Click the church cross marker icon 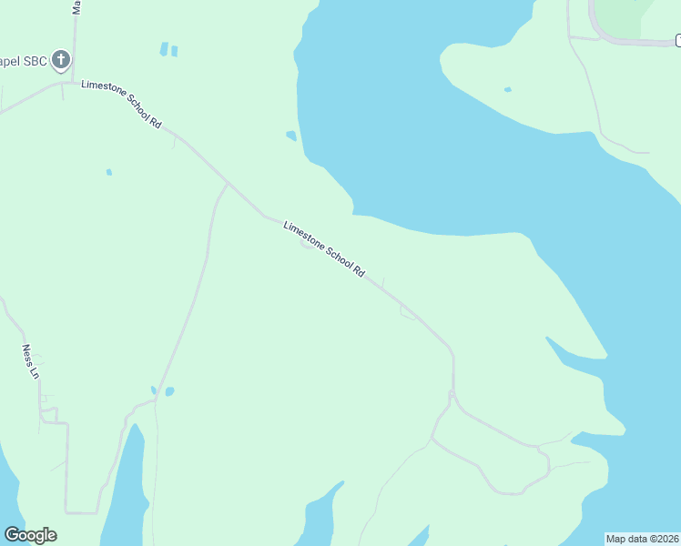click(61, 61)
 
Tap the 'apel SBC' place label click(24, 62)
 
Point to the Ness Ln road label click(30, 361)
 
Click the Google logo click(30, 535)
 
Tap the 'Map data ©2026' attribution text click(642, 539)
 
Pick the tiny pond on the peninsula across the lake click(507, 90)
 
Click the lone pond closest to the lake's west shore click(291, 136)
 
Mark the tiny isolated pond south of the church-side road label click(108, 171)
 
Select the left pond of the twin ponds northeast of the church click(164, 48)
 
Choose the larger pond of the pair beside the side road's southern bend click(169, 391)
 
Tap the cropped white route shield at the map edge click(677, 39)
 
